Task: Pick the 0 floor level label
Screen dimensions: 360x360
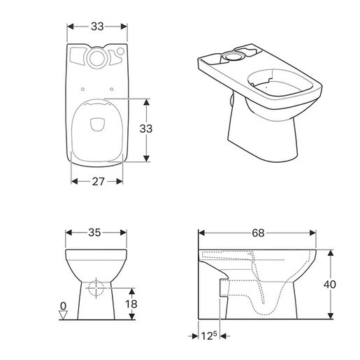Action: (x=63, y=305)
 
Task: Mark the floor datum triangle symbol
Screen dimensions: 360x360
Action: (x=63, y=315)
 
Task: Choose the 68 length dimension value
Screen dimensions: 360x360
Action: (x=258, y=233)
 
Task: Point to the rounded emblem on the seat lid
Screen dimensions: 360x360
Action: (x=96, y=126)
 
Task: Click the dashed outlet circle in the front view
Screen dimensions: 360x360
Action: (x=96, y=287)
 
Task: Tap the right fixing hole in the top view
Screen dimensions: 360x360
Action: (x=111, y=88)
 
